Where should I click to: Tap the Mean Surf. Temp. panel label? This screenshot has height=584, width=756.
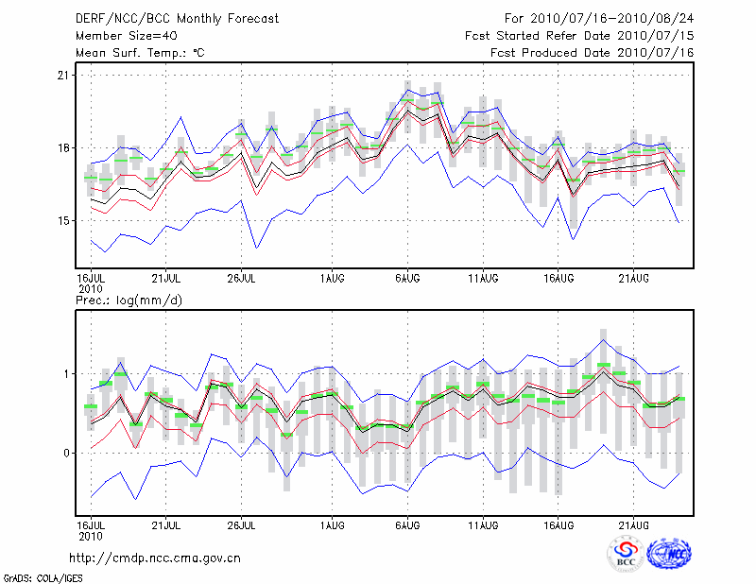click(x=140, y=53)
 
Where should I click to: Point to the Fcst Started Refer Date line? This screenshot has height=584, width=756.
click(x=579, y=35)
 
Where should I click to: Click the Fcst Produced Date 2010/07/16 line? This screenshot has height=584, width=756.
click(x=592, y=53)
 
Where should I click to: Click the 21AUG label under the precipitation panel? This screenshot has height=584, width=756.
click(x=634, y=524)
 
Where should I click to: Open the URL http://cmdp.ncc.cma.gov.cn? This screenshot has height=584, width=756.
click(x=155, y=558)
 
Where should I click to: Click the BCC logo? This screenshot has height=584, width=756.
click(x=626, y=554)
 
